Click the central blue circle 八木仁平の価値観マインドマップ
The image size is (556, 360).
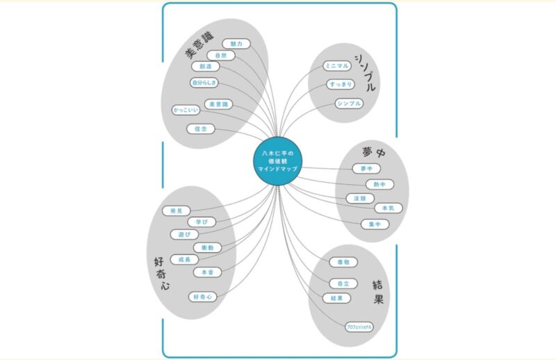tap(277, 161)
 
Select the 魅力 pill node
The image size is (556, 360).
tap(236, 44)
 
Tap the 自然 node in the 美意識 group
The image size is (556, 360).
tap(221, 55)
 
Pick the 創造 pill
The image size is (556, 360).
tap(205, 67)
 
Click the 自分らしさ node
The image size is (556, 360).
tap(204, 83)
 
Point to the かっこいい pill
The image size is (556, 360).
tap(186, 110)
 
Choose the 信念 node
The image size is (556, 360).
tap(201, 129)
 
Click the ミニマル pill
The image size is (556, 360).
tap(336, 67)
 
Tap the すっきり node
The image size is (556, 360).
tap(341, 85)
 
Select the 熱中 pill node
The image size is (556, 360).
tap(379, 184)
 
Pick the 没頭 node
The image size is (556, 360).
tap(361, 198)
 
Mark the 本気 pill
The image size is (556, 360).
tap(388, 208)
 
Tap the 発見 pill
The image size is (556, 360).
tap(176, 211)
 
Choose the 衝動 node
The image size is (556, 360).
tap(207, 247)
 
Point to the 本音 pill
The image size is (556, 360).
tap(208, 272)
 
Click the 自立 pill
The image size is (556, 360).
tap(343, 284)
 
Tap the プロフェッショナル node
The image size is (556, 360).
tap(359, 327)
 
